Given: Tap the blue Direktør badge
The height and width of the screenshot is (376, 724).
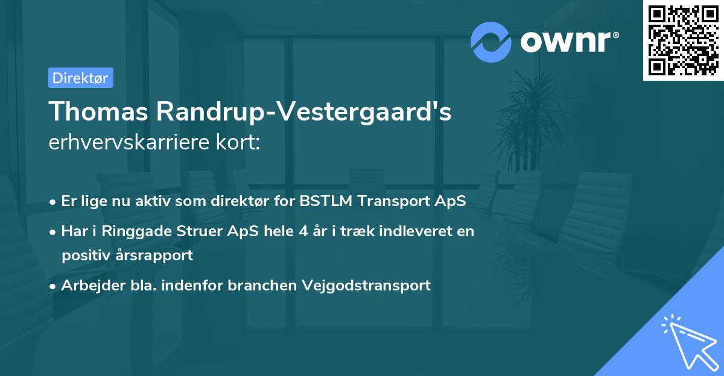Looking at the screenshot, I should (80, 78).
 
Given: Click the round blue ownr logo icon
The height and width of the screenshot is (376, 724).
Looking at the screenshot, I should (492, 42).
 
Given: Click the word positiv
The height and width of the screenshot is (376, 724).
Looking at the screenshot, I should (84, 255).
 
